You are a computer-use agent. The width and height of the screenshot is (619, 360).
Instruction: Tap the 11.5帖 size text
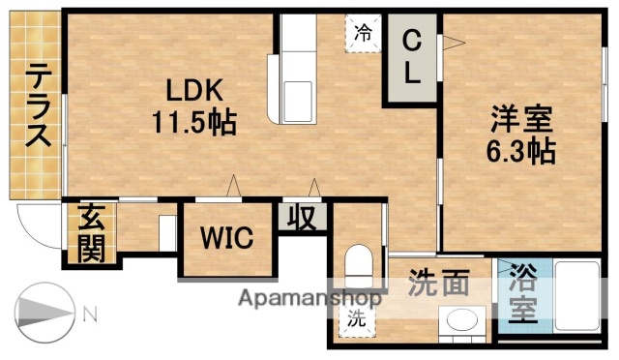coord(194,123)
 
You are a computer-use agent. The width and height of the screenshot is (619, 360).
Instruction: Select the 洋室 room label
coord(519,122)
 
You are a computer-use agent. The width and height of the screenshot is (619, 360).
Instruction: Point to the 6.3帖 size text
coord(519,152)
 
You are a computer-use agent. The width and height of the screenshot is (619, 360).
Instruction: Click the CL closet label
coord(412,59)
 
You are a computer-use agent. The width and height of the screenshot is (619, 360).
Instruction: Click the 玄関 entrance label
coord(91,233)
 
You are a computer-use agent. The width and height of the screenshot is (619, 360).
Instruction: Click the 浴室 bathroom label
coord(522,294)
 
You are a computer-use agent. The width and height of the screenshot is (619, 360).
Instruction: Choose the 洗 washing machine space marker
coord(357,318)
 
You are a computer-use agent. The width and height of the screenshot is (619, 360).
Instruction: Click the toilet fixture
coord(359,263)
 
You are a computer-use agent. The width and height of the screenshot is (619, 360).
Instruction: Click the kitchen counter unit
coord(295,73)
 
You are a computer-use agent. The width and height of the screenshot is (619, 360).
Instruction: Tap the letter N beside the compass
coord(89,313)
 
